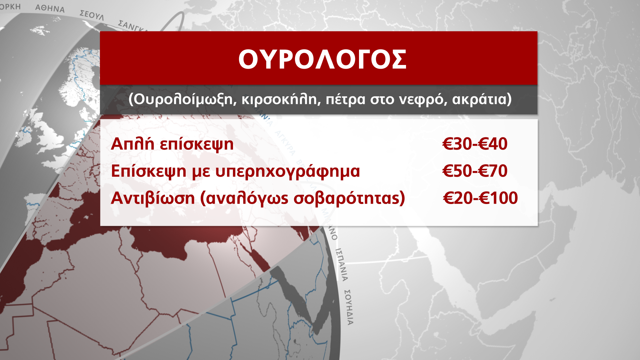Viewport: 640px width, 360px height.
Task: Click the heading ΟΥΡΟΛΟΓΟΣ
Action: pos(322,60)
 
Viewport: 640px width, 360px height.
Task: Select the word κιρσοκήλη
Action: pos(279,99)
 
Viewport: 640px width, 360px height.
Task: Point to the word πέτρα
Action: pos(345,99)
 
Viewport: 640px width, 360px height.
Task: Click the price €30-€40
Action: pos(475,144)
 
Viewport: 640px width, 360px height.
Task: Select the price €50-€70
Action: pos(475,171)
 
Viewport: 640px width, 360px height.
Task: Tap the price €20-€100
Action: pos(480,198)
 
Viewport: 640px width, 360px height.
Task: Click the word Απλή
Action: pos(132,144)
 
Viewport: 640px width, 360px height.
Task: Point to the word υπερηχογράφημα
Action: pos(288,171)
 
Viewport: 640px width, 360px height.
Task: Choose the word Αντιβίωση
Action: pos(153,198)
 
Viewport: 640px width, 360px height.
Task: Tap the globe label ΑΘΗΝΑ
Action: pos(50,8)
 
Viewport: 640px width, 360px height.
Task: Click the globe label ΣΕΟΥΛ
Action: pos(92,15)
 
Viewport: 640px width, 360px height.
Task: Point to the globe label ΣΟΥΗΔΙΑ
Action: pos(348,307)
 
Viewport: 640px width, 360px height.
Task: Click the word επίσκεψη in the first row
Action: pos(197,144)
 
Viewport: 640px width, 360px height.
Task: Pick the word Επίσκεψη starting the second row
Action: pos(148,171)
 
